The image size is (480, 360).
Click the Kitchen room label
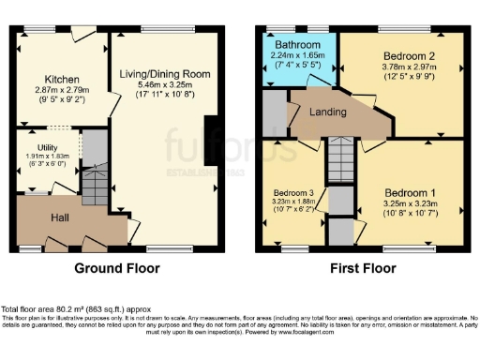point(63,80)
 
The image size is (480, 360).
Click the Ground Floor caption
point(116,268)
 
